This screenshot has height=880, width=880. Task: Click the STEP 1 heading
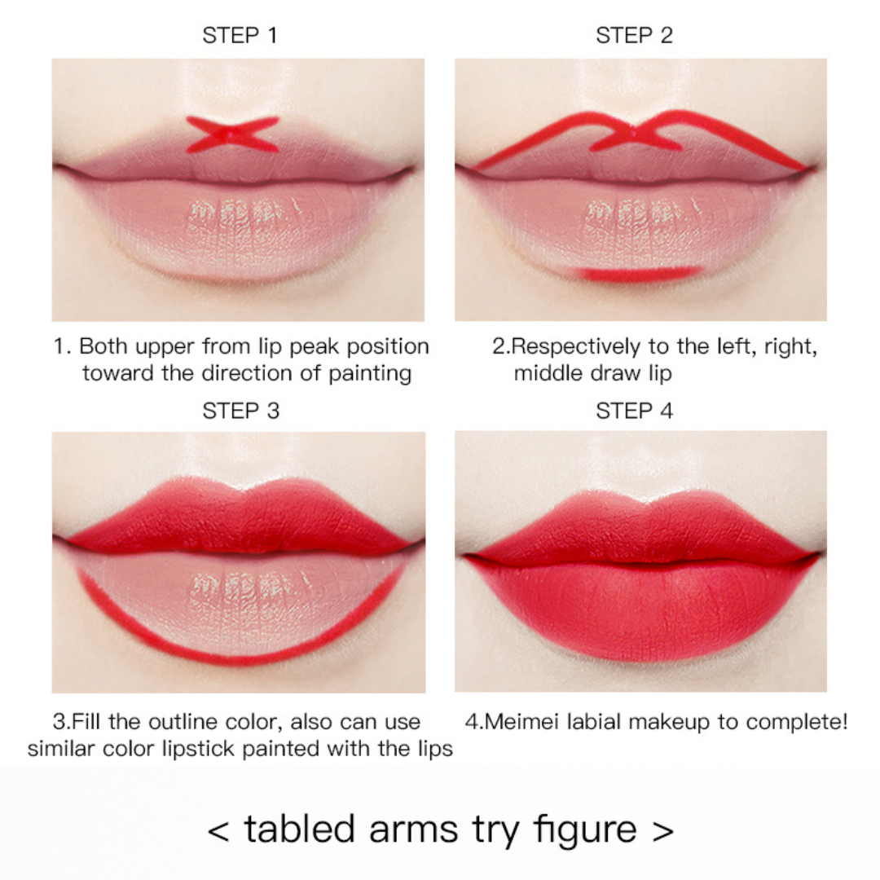point(240,36)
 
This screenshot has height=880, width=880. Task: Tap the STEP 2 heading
point(634,36)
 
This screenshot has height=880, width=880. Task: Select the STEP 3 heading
point(240,411)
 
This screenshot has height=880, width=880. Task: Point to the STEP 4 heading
point(634,411)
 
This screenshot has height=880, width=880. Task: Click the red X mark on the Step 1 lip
point(232,134)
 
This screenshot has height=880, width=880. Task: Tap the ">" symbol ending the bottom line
point(663,830)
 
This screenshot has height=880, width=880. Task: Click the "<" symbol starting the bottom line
point(218,830)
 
